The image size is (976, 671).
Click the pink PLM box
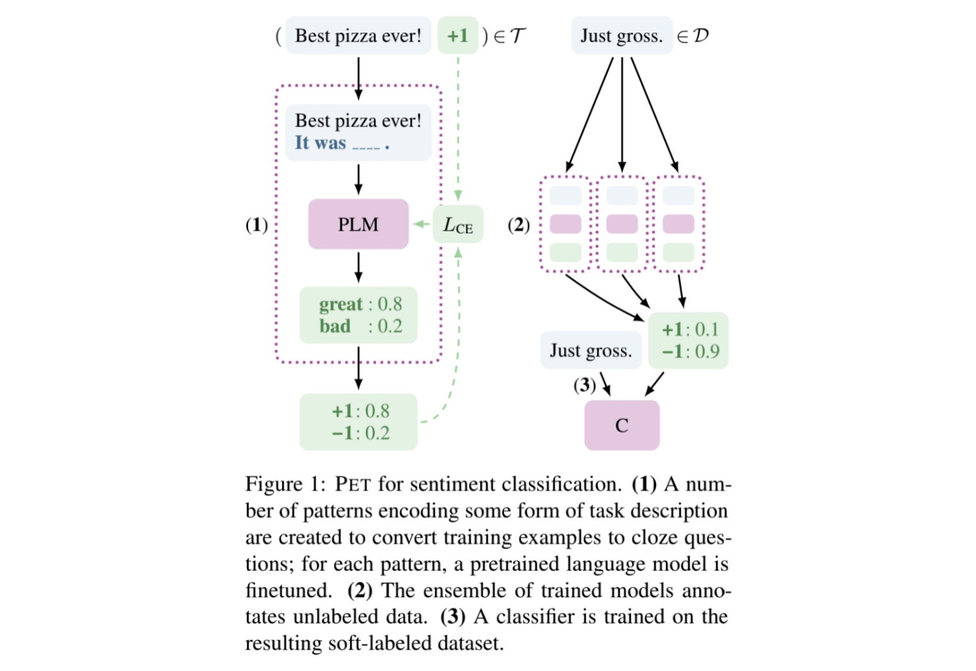point(358,224)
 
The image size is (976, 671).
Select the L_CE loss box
point(458,224)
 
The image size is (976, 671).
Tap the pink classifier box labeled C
point(622,426)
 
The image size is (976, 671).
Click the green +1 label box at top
point(458,35)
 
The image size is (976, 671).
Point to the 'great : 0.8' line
point(360,304)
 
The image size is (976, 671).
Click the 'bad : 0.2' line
point(360,327)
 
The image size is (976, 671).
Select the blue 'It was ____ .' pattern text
point(342,143)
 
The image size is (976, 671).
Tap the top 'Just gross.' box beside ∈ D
point(621,36)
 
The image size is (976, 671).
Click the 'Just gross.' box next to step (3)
point(590,350)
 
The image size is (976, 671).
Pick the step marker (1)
point(257,225)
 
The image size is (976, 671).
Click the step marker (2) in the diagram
point(519,225)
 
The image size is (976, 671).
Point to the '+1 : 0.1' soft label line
point(689,330)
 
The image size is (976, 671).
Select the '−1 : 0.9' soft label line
point(689,351)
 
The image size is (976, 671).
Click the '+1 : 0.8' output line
point(360,411)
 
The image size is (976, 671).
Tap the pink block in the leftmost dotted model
point(565,224)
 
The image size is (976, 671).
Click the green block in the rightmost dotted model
point(678,252)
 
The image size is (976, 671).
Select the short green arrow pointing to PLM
point(421,224)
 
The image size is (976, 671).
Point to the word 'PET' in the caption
point(352,484)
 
